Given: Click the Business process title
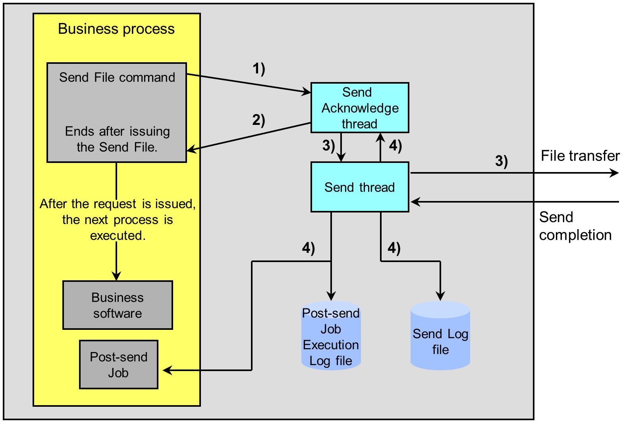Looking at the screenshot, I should [x=116, y=29].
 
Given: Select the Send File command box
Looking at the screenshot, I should [x=117, y=112].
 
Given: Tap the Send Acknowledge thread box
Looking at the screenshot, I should [x=360, y=108].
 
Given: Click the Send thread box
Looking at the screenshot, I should [x=360, y=187].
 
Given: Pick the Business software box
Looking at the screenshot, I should [x=118, y=305].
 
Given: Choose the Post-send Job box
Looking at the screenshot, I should [x=119, y=365].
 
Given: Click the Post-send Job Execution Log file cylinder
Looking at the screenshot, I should [x=331, y=337].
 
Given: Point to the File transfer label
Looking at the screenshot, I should [x=580, y=156].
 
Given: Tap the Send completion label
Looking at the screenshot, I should [x=575, y=226].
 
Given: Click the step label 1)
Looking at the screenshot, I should [x=259, y=69].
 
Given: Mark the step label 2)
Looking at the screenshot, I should [x=258, y=120].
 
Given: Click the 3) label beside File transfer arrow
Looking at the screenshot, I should [x=501, y=161].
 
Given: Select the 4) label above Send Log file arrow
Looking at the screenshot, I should [x=393, y=249].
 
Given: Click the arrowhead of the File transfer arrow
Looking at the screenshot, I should [x=615, y=173].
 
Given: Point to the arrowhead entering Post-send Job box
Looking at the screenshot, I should [x=166, y=371].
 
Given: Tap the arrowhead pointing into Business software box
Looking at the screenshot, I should [x=116, y=276].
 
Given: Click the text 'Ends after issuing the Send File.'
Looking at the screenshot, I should [x=117, y=139].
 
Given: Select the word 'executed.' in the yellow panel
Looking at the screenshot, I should [x=118, y=235].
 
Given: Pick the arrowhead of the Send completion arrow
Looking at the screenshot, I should [x=415, y=202].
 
